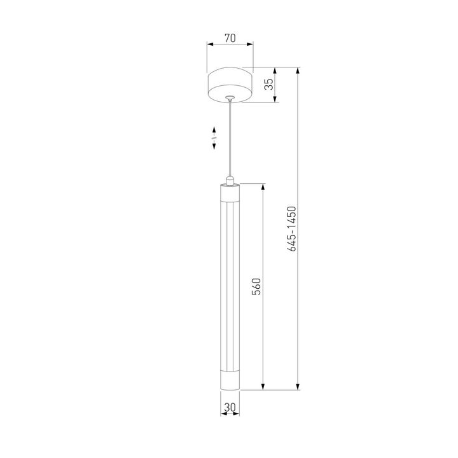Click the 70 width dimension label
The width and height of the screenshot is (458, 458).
[230, 38]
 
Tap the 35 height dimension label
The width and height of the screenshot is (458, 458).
[269, 84]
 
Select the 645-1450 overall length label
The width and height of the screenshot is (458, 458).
[291, 229]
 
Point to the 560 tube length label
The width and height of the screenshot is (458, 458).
[256, 286]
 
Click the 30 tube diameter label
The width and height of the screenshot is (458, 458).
[230, 407]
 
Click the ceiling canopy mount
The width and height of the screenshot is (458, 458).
[230, 85]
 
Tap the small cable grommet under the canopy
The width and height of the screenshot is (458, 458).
[230, 98]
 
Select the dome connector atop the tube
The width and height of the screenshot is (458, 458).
[230, 181]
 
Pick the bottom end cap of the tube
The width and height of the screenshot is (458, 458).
[230, 380]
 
